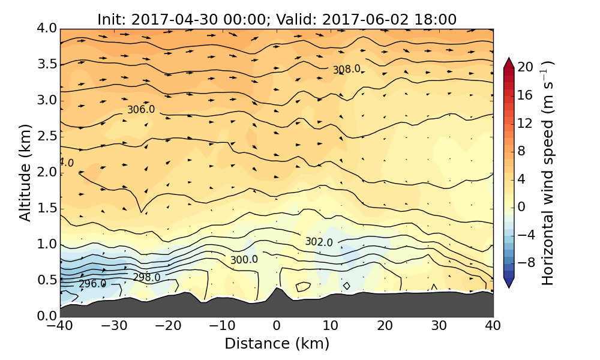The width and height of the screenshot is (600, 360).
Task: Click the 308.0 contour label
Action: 347,70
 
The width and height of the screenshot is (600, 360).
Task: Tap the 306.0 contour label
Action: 141,110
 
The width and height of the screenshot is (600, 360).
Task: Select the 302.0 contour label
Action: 319,242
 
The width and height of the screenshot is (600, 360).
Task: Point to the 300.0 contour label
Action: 244,260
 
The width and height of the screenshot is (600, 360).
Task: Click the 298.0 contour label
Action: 146,277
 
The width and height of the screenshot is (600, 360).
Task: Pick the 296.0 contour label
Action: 92,284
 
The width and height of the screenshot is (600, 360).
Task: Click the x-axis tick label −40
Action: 60,326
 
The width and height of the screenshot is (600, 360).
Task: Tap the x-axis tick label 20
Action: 385,326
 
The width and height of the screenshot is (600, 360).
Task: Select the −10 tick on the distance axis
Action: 223,326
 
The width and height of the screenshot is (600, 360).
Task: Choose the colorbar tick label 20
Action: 526,67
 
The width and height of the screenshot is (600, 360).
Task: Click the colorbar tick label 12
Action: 526,123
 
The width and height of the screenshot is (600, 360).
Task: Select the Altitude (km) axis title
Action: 25,172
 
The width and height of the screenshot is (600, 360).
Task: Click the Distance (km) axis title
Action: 277,344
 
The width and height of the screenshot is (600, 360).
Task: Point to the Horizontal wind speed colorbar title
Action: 548,173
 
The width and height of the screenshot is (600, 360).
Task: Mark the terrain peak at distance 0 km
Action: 277,289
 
